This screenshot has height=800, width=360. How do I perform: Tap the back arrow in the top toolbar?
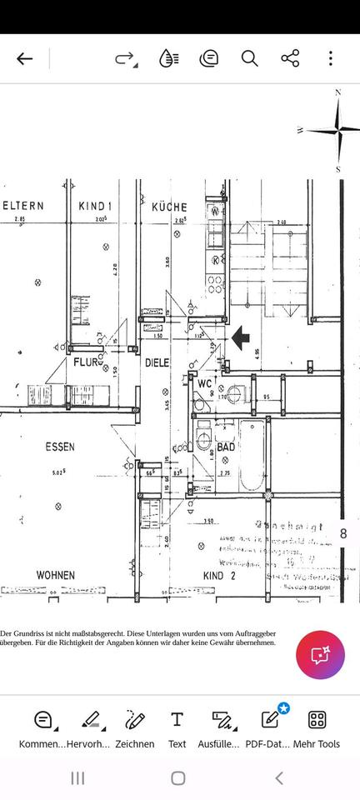coord(25,58)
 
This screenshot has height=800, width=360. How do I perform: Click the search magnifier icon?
coord(249,58)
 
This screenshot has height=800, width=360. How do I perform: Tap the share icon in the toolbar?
coord(290,58)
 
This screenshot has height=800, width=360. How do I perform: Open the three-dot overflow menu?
coord(331,58)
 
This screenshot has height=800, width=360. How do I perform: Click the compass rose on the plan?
coord(337,131)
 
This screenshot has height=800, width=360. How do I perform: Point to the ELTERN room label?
coord(23,206)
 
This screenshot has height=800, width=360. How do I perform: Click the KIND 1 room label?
coord(95,206)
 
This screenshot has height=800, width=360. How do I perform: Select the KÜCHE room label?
coord(169,207)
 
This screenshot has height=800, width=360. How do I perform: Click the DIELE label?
coord(157,363)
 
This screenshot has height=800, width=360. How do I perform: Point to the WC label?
coord(204,383)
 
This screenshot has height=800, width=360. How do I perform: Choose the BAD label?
coord(226,447)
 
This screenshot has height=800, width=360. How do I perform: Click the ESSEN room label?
coord(59,447)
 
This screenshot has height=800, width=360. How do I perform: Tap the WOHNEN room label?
coord(55,575)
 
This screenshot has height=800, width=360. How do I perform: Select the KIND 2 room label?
coord(220,575)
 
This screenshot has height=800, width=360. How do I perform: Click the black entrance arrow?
coord(241,337)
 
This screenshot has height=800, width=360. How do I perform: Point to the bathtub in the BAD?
coord(251,457)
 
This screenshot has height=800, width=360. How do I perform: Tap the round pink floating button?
coord(320,654)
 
